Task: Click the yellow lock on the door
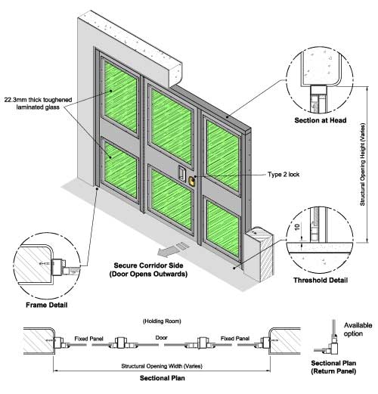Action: (x=191, y=181)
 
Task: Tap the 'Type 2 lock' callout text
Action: (x=283, y=175)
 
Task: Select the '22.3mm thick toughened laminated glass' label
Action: (x=38, y=104)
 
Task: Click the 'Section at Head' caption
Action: (x=321, y=120)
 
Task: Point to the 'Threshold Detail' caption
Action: (x=321, y=280)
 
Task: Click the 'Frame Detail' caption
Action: (x=47, y=305)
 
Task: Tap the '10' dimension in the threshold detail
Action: (x=297, y=227)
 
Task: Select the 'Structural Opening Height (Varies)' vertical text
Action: (x=362, y=164)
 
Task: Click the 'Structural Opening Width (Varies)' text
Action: (x=162, y=366)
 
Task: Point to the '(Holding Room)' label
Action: (x=162, y=321)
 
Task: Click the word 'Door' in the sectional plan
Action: (x=161, y=337)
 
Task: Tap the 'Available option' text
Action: (x=358, y=329)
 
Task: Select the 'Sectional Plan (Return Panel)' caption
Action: (x=333, y=367)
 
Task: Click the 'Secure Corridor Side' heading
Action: (x=148, y=265)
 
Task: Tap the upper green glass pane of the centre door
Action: (x=172, y=127)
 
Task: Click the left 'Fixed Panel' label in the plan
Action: (x=88, y=339)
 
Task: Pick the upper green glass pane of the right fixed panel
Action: (x=223, y=156)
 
